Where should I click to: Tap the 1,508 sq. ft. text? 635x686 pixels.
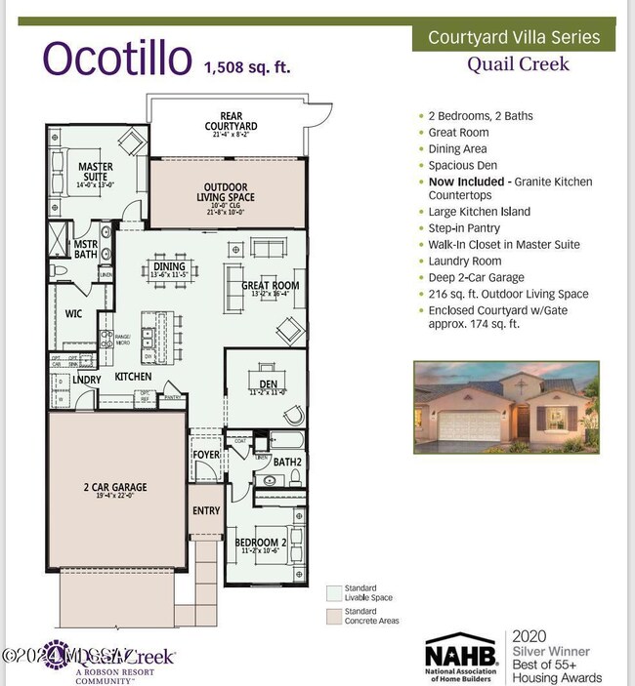tap(246, 67)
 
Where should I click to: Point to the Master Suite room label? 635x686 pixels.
tap(96, 173)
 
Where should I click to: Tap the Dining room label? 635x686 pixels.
tap(170, 266)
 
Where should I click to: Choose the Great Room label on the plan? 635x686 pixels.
tap(271, 286)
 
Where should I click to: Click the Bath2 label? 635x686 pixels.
tap(286, 461)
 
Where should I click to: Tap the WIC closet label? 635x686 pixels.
tap(73, 315)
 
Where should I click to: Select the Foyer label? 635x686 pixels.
tap(205, 455)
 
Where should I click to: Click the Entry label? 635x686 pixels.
tap(206, 510)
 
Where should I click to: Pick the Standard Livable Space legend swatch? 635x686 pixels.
tap(332, 591)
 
